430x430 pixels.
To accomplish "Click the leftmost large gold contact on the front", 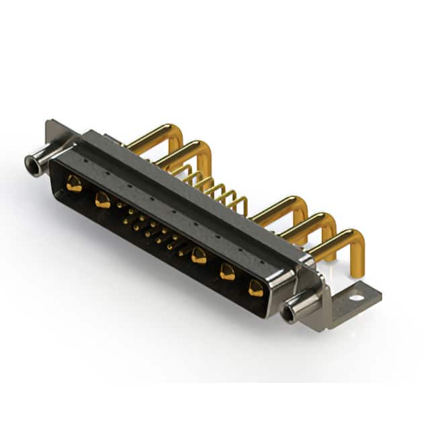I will (x=74, y=184).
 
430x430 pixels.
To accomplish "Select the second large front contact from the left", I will (x=102, y=199).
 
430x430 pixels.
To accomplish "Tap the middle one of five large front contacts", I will (x=198, y=255).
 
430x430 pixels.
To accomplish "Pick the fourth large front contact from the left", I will (x=228, y=271).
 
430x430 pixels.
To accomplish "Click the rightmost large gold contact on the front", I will (x=256, y=288).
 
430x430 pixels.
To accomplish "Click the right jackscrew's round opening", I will (x=289, y=314).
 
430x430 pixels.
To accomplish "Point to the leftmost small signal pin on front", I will (x=121, y=205).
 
